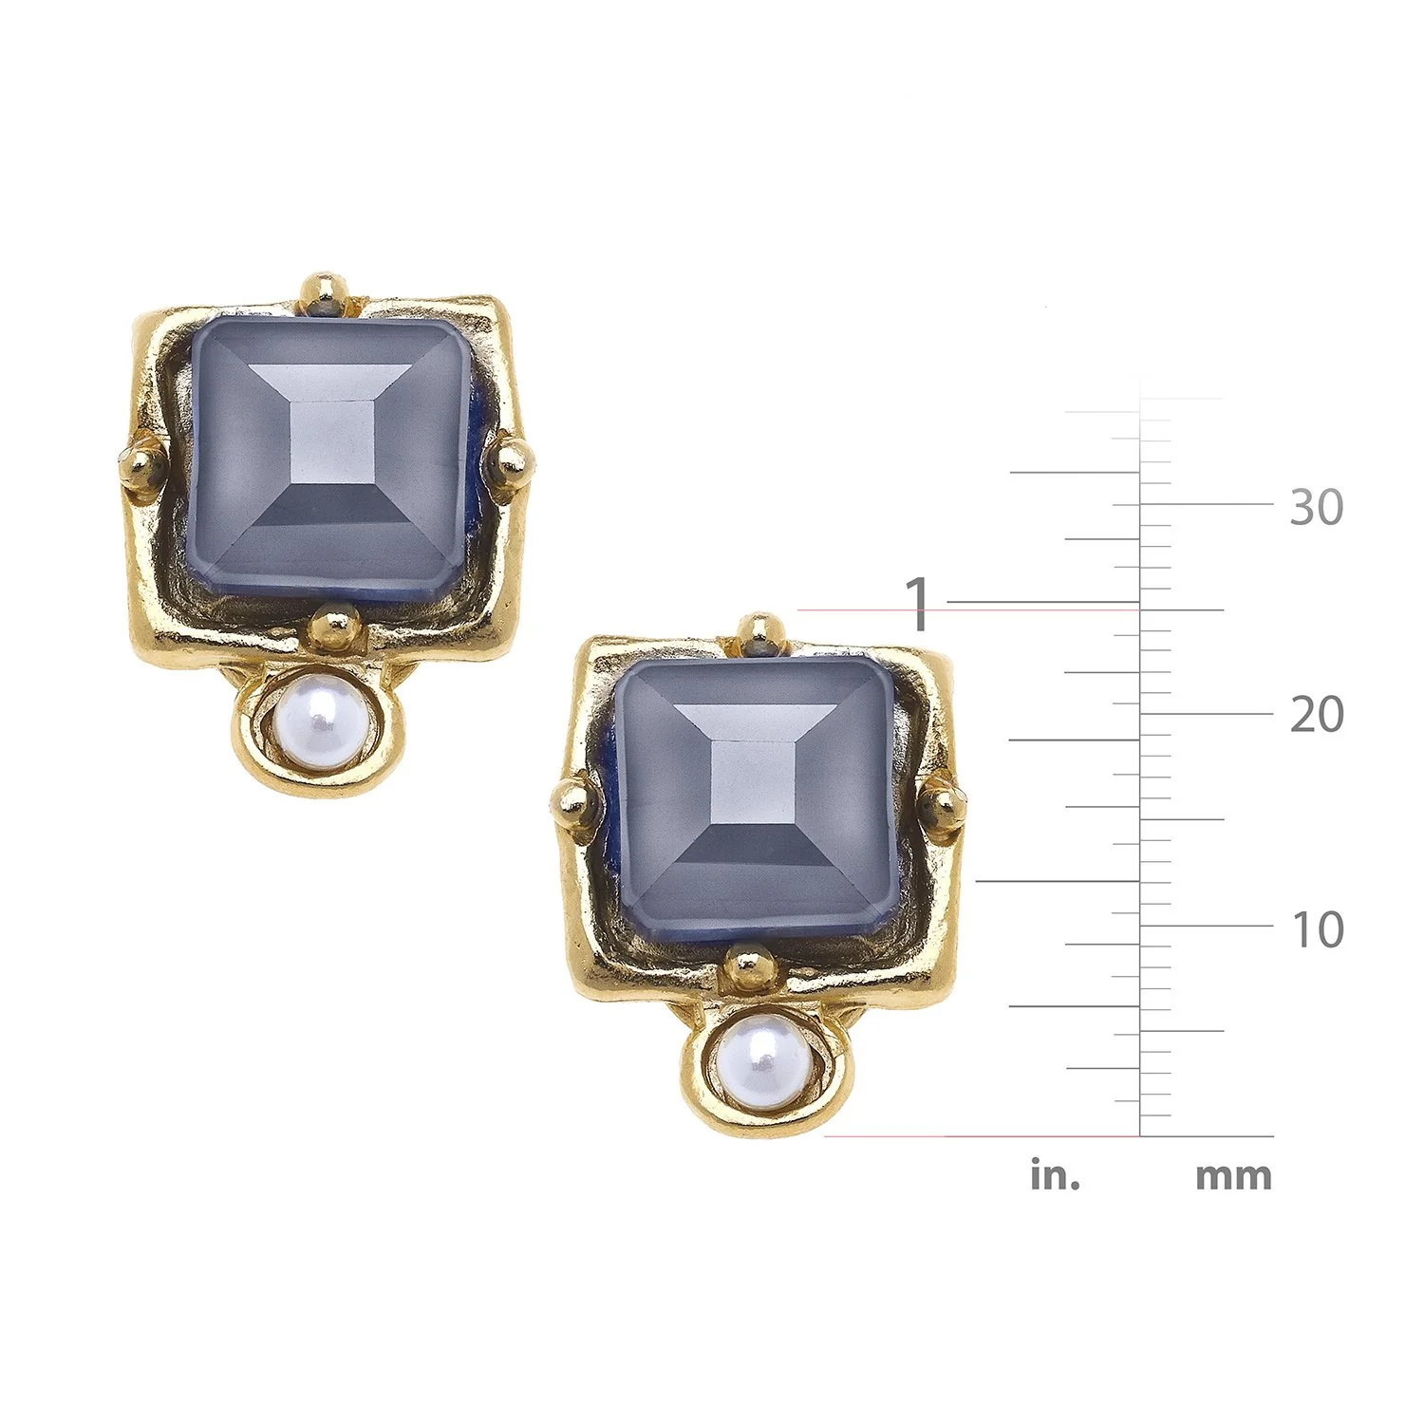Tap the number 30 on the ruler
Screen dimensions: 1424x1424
click(1317, 508)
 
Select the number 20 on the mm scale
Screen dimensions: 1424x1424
click(1317, 714)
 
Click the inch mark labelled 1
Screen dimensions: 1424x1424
click(918, 604)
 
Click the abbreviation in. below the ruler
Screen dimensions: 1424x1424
click(1056, 1175)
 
